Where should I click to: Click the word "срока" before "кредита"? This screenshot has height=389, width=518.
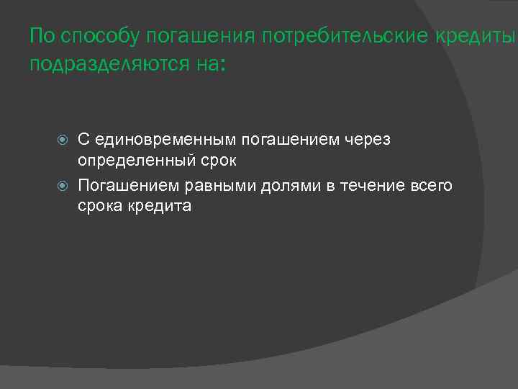(x=100, y=206)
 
